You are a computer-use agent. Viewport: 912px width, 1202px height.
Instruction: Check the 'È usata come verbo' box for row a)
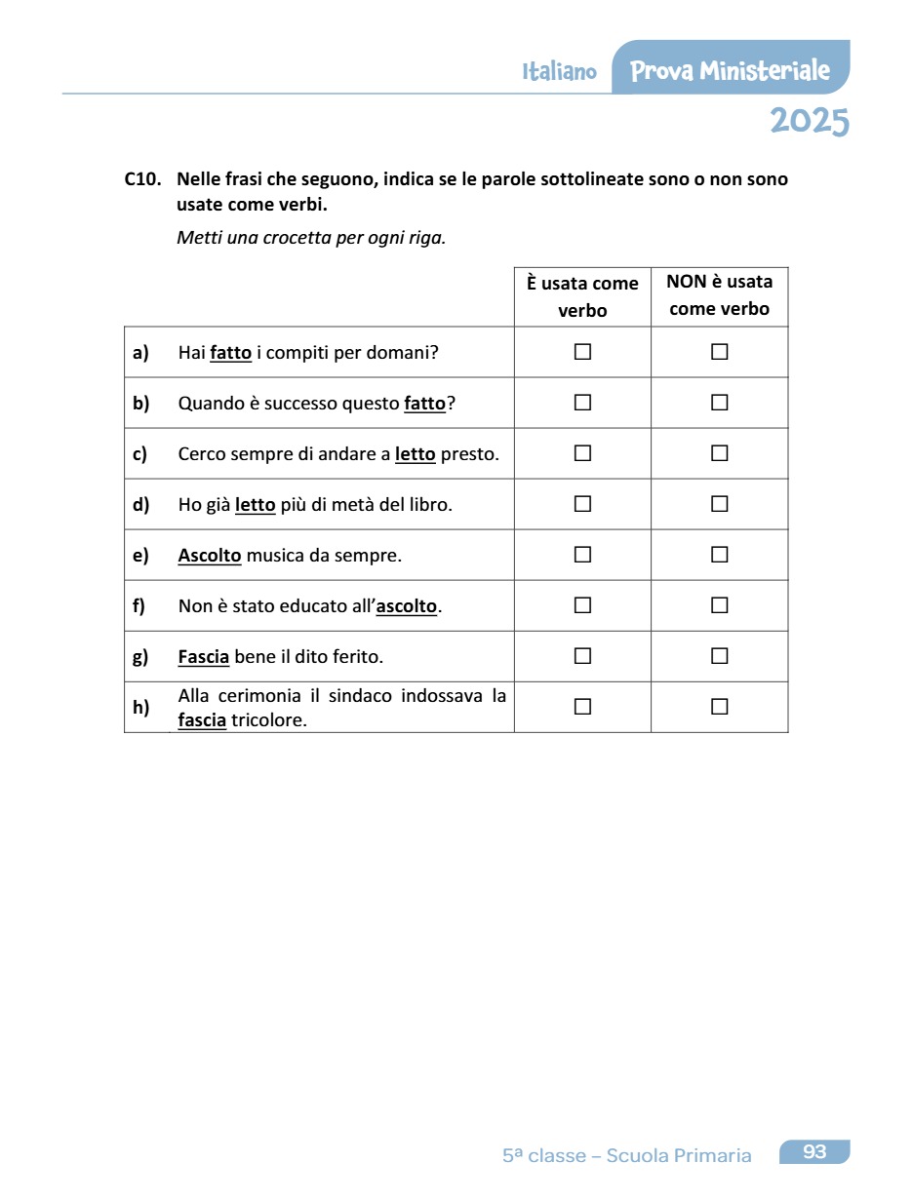pyautogui.click(x=582, y=352)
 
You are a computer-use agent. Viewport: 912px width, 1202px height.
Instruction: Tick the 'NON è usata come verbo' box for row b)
pyautogui.click(x=719, y=403)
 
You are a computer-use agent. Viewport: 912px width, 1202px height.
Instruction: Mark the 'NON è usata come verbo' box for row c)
pyautogui.click(x=719, y=453)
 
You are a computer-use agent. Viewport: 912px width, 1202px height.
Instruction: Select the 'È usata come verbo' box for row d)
pyautogui.click(x=582, y=504)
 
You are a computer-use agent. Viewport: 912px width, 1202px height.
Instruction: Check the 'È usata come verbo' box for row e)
pyautogui.click(x=582, y=555)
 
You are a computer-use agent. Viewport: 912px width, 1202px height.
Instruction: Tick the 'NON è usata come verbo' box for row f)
pyautogui.click(x=719, y=605)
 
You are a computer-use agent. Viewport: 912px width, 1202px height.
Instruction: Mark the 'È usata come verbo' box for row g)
pyautogui.click(x=582, y=656)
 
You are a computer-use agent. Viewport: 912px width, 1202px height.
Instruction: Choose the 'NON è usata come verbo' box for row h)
pyautogui.click(x=719, y=707)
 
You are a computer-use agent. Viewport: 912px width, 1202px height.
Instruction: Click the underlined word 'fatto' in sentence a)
pyautogui.click(x=230, y=353)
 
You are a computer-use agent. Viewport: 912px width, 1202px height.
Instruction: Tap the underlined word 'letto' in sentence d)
pyautogui.click(x=256, y=505)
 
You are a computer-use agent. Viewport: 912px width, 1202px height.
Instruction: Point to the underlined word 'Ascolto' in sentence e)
pyautogui.click(x=209, y=556)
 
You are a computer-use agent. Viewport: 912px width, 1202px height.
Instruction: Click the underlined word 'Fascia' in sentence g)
pyautogui.click(x=203, y=657)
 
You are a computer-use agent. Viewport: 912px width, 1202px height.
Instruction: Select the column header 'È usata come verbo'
pyautogui.click(x=582, y=296)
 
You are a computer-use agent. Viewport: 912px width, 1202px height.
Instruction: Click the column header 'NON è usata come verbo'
pyautogui.click(x=720, y=295)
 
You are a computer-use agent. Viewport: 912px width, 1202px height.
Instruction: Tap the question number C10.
pyautogui.click(x=142, y=180)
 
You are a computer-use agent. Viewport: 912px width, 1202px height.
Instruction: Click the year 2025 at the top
pyautogui.click(x=809, y=122)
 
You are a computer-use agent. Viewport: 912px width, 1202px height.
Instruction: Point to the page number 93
pyautogui.click(x=814, y=1152)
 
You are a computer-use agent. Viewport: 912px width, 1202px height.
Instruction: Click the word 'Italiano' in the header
pyautogui.click(x=559, y=72)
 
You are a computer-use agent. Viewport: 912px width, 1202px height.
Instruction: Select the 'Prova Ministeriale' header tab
pyautogui.click(x=730, y=70)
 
